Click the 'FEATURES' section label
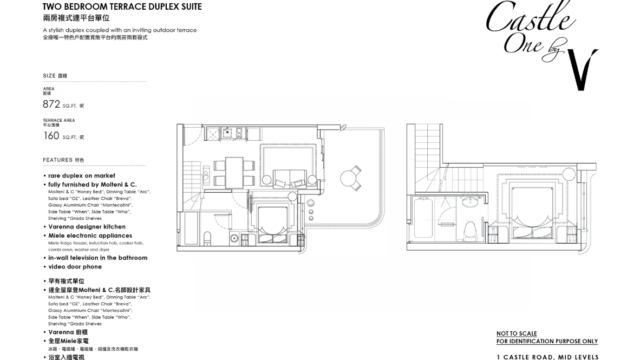point(58,159)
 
